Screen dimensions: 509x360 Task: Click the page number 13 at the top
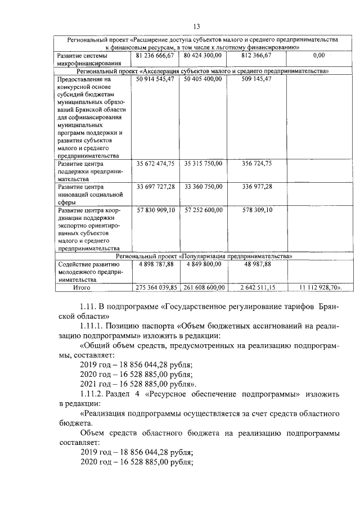(197, 26)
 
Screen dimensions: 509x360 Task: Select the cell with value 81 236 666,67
(156, 56)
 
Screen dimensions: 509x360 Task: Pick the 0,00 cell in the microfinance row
(318, 56)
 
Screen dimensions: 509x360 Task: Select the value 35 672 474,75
(156, 163)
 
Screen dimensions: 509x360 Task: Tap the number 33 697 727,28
(156, 186)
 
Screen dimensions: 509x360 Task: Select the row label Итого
(82, 287)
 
